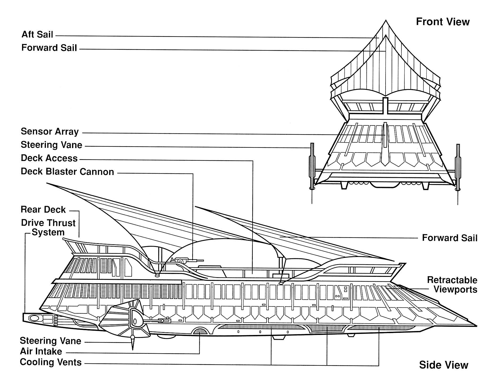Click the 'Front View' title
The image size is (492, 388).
tap(443, 22)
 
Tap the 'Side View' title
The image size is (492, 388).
tap(443, 365)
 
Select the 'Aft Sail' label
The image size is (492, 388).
tap(37, 34)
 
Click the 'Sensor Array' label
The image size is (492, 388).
tap(50, 132)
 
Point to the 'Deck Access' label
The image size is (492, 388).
tap(49, 158)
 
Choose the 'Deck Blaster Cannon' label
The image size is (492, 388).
tap(67, 172)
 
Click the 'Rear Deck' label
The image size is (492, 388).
tap(43, 210)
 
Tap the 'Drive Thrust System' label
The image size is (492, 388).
tap(48, 227)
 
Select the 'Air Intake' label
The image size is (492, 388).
tap(41, 351)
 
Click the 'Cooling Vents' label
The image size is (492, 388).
tap(50, 362)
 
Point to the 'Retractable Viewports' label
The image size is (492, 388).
tap(452, 285)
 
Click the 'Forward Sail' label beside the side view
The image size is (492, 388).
tap(450, 238)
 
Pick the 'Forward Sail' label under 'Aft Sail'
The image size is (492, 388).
tap(49, 48)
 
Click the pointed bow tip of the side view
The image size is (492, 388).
tap(475, 325)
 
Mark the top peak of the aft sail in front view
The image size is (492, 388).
tap(386, 21)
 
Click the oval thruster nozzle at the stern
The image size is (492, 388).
tap(34, 317)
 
